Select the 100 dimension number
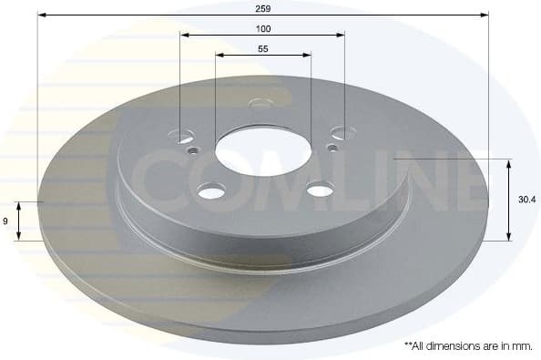[262, 27]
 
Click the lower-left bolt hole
[211, 191]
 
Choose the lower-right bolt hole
[321, 190]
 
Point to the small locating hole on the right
[333, 147]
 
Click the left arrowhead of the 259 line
[42, 15]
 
